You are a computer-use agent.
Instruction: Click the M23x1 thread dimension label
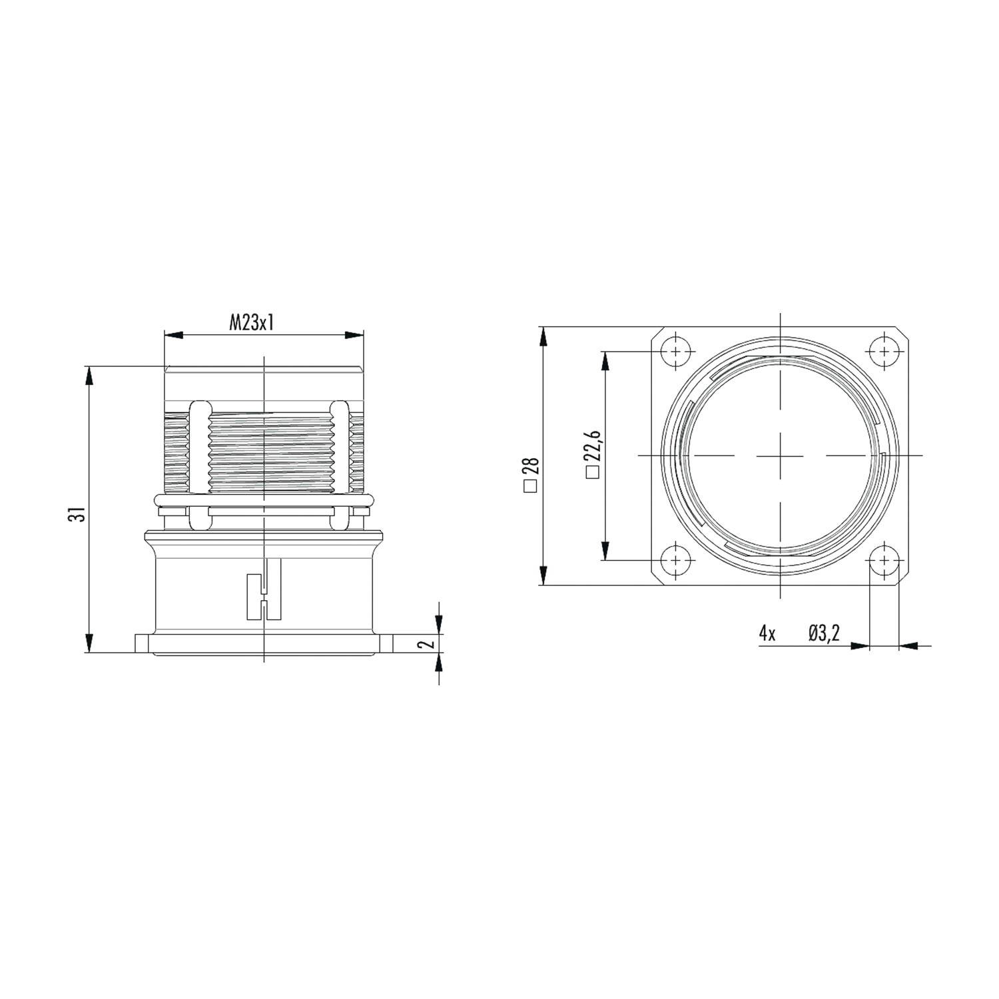click(x=252, y=324)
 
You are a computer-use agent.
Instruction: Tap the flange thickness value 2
click(x=430, y=643)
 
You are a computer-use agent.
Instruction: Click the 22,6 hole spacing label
click(x=592, y=446)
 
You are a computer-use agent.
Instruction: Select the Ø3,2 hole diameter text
click(x=824, y=633)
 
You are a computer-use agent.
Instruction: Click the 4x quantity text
click(x=767, y=633)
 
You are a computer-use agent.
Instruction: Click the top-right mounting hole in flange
click(x=884, y=352)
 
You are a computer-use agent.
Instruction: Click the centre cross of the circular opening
click(x=780, y=456)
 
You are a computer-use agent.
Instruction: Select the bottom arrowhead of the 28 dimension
click(x=544, y=576)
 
